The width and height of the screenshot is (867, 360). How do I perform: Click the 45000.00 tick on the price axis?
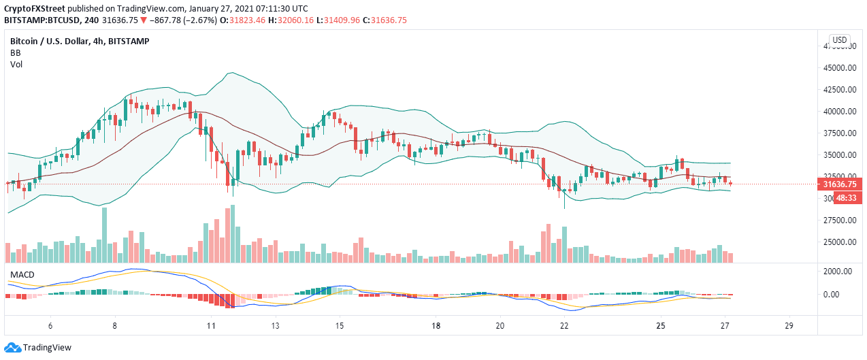click(x=840, y=68)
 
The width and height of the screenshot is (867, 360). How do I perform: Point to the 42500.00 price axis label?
click(x=840, y=90)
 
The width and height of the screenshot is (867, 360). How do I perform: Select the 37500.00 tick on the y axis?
click(x=840, y=133)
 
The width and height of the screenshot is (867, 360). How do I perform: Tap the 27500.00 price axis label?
click(x=840, y=220)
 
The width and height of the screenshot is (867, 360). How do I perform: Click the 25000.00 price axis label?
click(x=840, y=242)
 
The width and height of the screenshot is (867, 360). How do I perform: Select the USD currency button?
click(x=840, y=39)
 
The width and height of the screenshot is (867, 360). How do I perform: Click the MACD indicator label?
click(x=22, y=274)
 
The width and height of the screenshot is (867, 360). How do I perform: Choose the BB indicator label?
click(x=16, y=52)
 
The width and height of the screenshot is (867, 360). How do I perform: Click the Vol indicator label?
click(x=16, y=64)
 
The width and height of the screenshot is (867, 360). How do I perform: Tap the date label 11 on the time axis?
click(x=211, y=325)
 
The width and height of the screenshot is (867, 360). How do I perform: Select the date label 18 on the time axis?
click(x=436, y=325)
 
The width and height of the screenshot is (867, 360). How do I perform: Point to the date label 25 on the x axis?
click(x=660, y=325)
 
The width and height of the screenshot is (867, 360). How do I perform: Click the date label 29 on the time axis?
click(x=789, y=325)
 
